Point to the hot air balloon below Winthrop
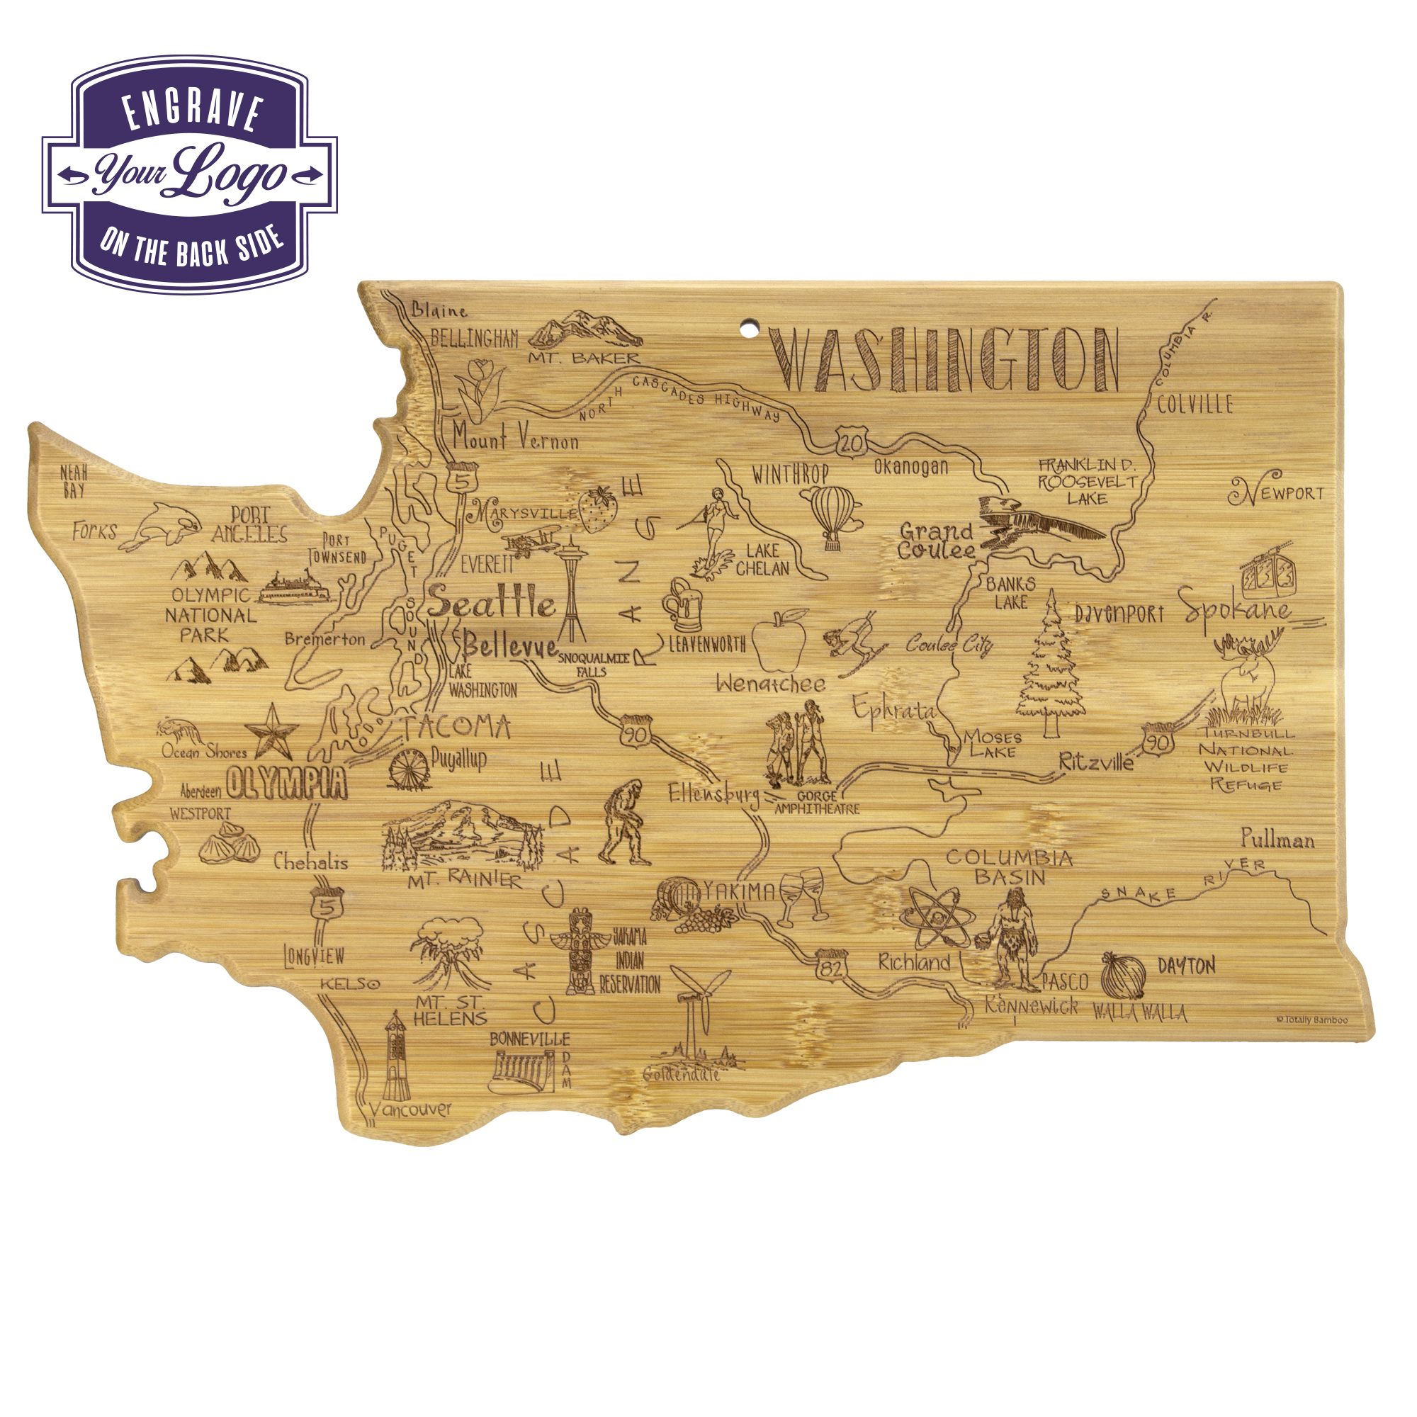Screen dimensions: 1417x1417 tap(832, 514)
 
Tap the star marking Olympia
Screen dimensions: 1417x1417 tap(271, 731)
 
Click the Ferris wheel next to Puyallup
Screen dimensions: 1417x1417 tap(409, 769)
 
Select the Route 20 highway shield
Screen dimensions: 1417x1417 tap(851, 442)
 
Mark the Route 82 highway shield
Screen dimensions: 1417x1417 tap(830, 967)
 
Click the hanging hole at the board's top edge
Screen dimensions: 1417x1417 tap(750, 328)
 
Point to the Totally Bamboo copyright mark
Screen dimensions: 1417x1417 tap(1311, 1020)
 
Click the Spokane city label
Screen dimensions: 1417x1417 tap(1237, 611)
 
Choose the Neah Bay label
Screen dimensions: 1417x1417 tap(74, 482)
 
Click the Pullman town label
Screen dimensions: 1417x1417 tap(1277, 839)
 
